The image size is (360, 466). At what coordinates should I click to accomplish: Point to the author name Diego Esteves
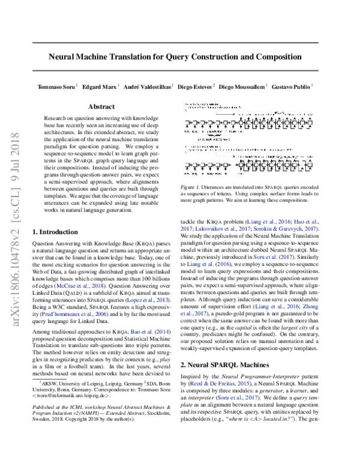click(195, 86)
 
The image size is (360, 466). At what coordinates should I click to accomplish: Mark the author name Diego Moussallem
click(242, 86)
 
